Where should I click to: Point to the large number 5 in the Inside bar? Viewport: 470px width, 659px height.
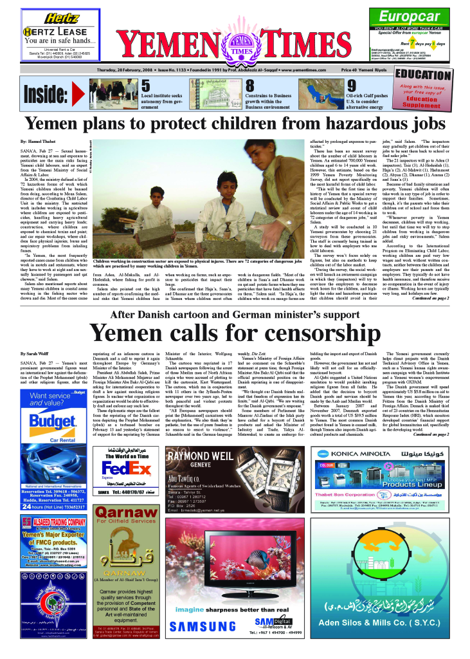145,86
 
